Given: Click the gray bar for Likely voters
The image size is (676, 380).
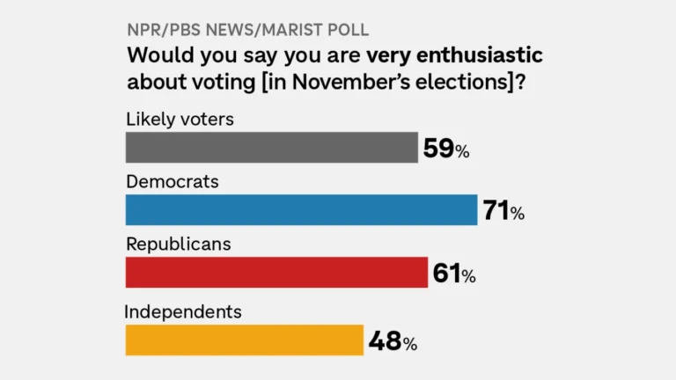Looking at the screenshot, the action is pos(272,148).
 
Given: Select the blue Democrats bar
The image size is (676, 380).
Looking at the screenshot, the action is pos(301,210).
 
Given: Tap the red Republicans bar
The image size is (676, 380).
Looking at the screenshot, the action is pos(276,273).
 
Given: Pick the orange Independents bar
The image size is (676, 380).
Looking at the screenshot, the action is pos(245,340).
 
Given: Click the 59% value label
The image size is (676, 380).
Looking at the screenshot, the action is pos(446,149).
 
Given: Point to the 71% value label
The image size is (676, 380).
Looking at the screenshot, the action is pos(503,211).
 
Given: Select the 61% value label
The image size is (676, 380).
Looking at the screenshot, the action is pos(454,274).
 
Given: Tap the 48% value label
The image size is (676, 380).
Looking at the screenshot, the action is pos(393,341).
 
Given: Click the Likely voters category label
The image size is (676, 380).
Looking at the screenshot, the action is pos(180,120).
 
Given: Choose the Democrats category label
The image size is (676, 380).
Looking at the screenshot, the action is pos(173,182).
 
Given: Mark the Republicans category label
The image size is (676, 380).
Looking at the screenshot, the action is pos(179,245).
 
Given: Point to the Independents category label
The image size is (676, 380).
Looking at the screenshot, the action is pos(183,312).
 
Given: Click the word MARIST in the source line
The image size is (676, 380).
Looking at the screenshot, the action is pos(292,30).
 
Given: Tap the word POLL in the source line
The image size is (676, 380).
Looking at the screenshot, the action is pos(348,30).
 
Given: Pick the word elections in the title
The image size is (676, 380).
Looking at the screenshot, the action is pos(462,82).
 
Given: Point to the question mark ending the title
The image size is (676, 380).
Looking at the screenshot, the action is pos(521,82).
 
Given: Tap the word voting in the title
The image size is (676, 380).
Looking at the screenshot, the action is pos(224,83).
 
